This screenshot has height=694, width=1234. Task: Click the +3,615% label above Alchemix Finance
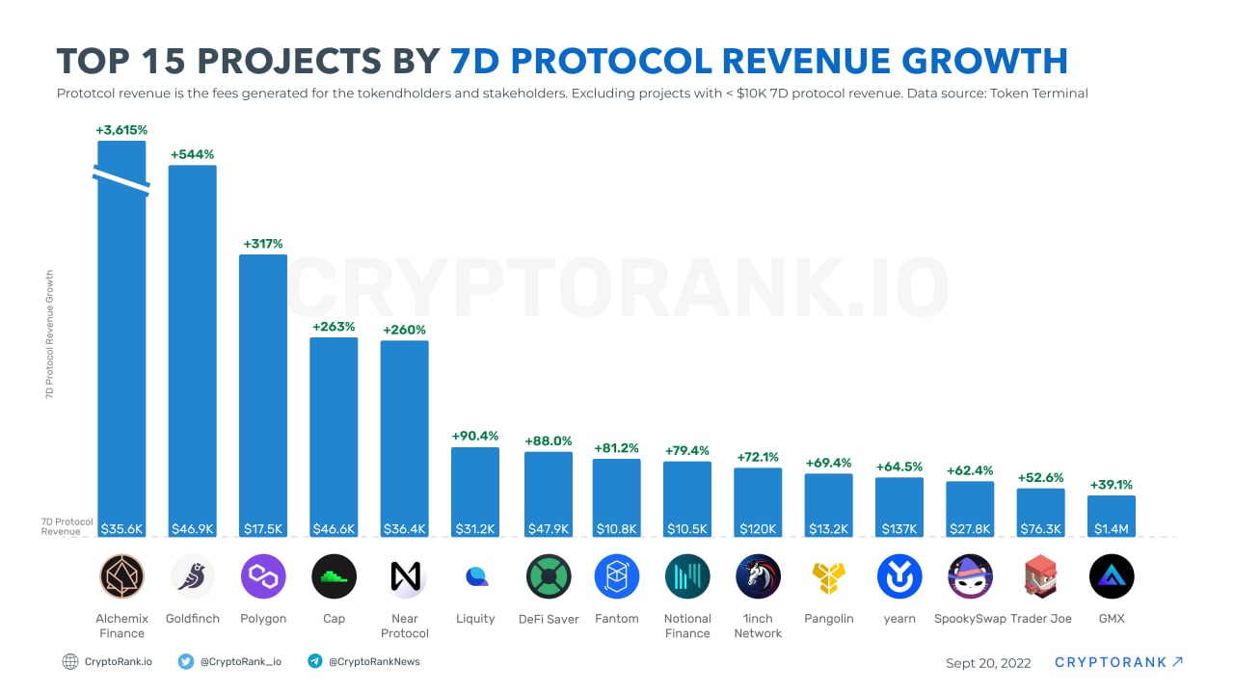[121, 130]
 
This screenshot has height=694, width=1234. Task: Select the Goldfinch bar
[193, 347]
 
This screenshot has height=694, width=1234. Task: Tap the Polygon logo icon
[263, 576]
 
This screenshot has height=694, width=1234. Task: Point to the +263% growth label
[334, 327]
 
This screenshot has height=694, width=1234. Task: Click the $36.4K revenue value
[405, 528]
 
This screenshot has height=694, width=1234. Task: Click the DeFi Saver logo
[549, 576]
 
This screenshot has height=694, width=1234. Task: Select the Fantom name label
[617, 619]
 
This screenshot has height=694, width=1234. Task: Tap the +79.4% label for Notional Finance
[687, 450]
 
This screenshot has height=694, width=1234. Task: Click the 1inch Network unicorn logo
[758, 576]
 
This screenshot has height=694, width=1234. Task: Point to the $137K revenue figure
[899, 528]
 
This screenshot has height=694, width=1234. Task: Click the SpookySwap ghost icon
[970, 576]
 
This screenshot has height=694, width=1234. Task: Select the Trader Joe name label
[1040, 619]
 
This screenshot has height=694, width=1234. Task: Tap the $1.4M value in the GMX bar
[1112, 528]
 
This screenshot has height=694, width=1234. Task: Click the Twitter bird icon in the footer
[186, 661]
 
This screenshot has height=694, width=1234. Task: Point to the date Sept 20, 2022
[988, 663]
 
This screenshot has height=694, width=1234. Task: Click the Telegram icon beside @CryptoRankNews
[314, 661]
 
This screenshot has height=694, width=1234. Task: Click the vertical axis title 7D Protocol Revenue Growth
[50, 334]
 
